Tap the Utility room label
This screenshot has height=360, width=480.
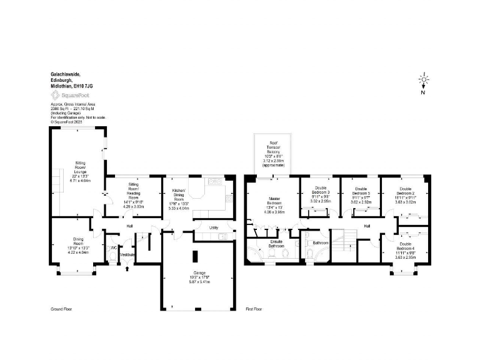(x=213, y=229)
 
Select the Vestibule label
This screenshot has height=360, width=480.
(x=127, y=255)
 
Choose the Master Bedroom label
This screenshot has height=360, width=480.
(x=274, y=202)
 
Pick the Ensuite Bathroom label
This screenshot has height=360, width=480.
(x=277, y=244)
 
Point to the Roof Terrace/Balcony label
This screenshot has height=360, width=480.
(x=273, y=147)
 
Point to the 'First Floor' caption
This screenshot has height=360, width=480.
(x=254, y=309)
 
